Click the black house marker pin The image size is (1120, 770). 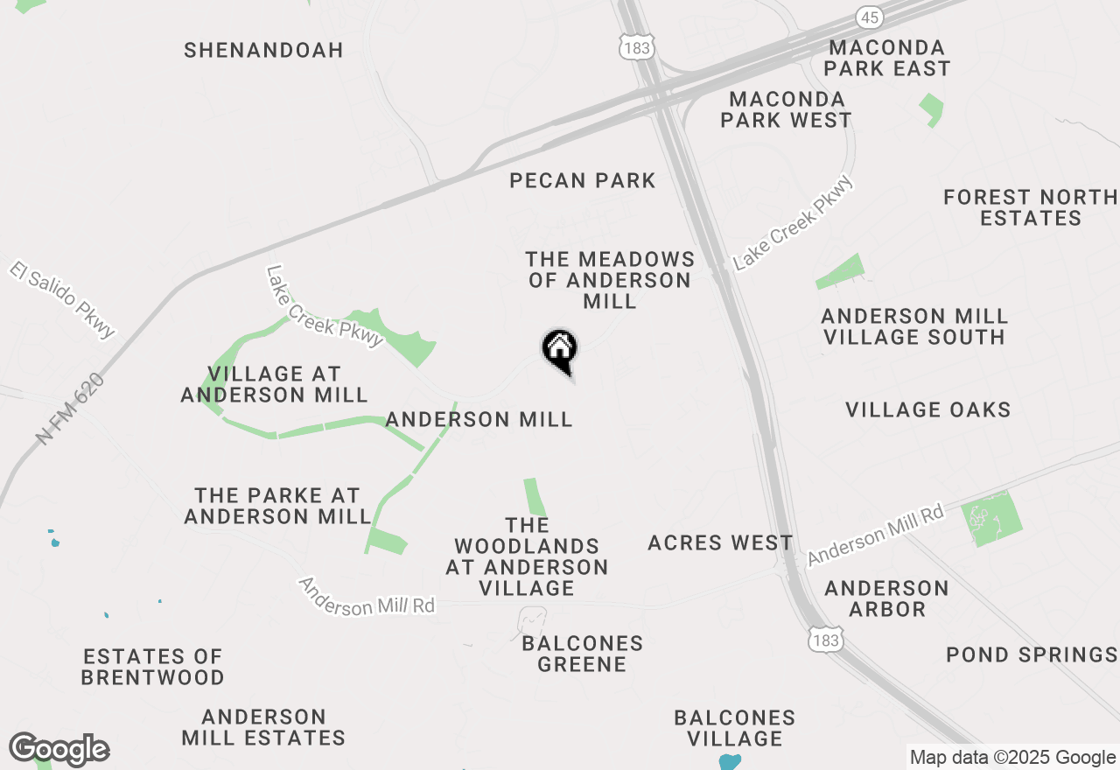(560, 350)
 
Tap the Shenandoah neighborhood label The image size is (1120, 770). (263, 50)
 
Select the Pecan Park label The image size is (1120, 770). (583, 181)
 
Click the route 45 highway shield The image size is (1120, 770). (870, 17)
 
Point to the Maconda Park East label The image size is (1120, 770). (887, 58)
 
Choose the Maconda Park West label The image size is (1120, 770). (786, 109)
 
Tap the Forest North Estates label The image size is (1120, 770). (1031, 208)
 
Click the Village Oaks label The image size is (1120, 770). (928, 409)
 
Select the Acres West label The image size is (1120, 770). (720, 543)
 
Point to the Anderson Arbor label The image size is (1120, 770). (886, 598)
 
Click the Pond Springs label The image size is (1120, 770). (1032, 654)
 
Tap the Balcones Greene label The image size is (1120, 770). (582, 654)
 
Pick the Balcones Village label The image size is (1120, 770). (735, 728)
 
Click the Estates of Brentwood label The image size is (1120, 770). (153, 667)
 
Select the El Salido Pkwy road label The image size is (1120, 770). (63, 298)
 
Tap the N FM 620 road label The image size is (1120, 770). (71, 409)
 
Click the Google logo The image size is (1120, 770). (59, 749)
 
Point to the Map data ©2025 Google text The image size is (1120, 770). (1011, 758)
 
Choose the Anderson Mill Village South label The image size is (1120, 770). (914, 326)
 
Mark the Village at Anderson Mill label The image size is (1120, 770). (274, 384)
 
